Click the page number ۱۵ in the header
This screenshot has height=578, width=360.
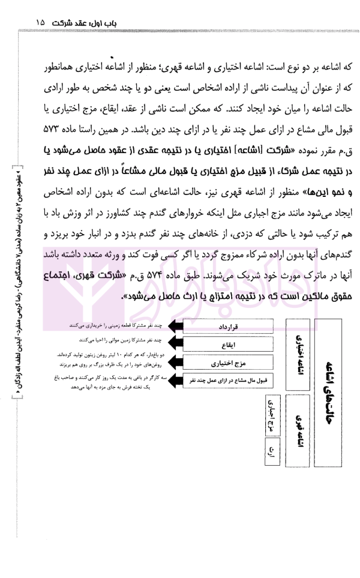[40, 22]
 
